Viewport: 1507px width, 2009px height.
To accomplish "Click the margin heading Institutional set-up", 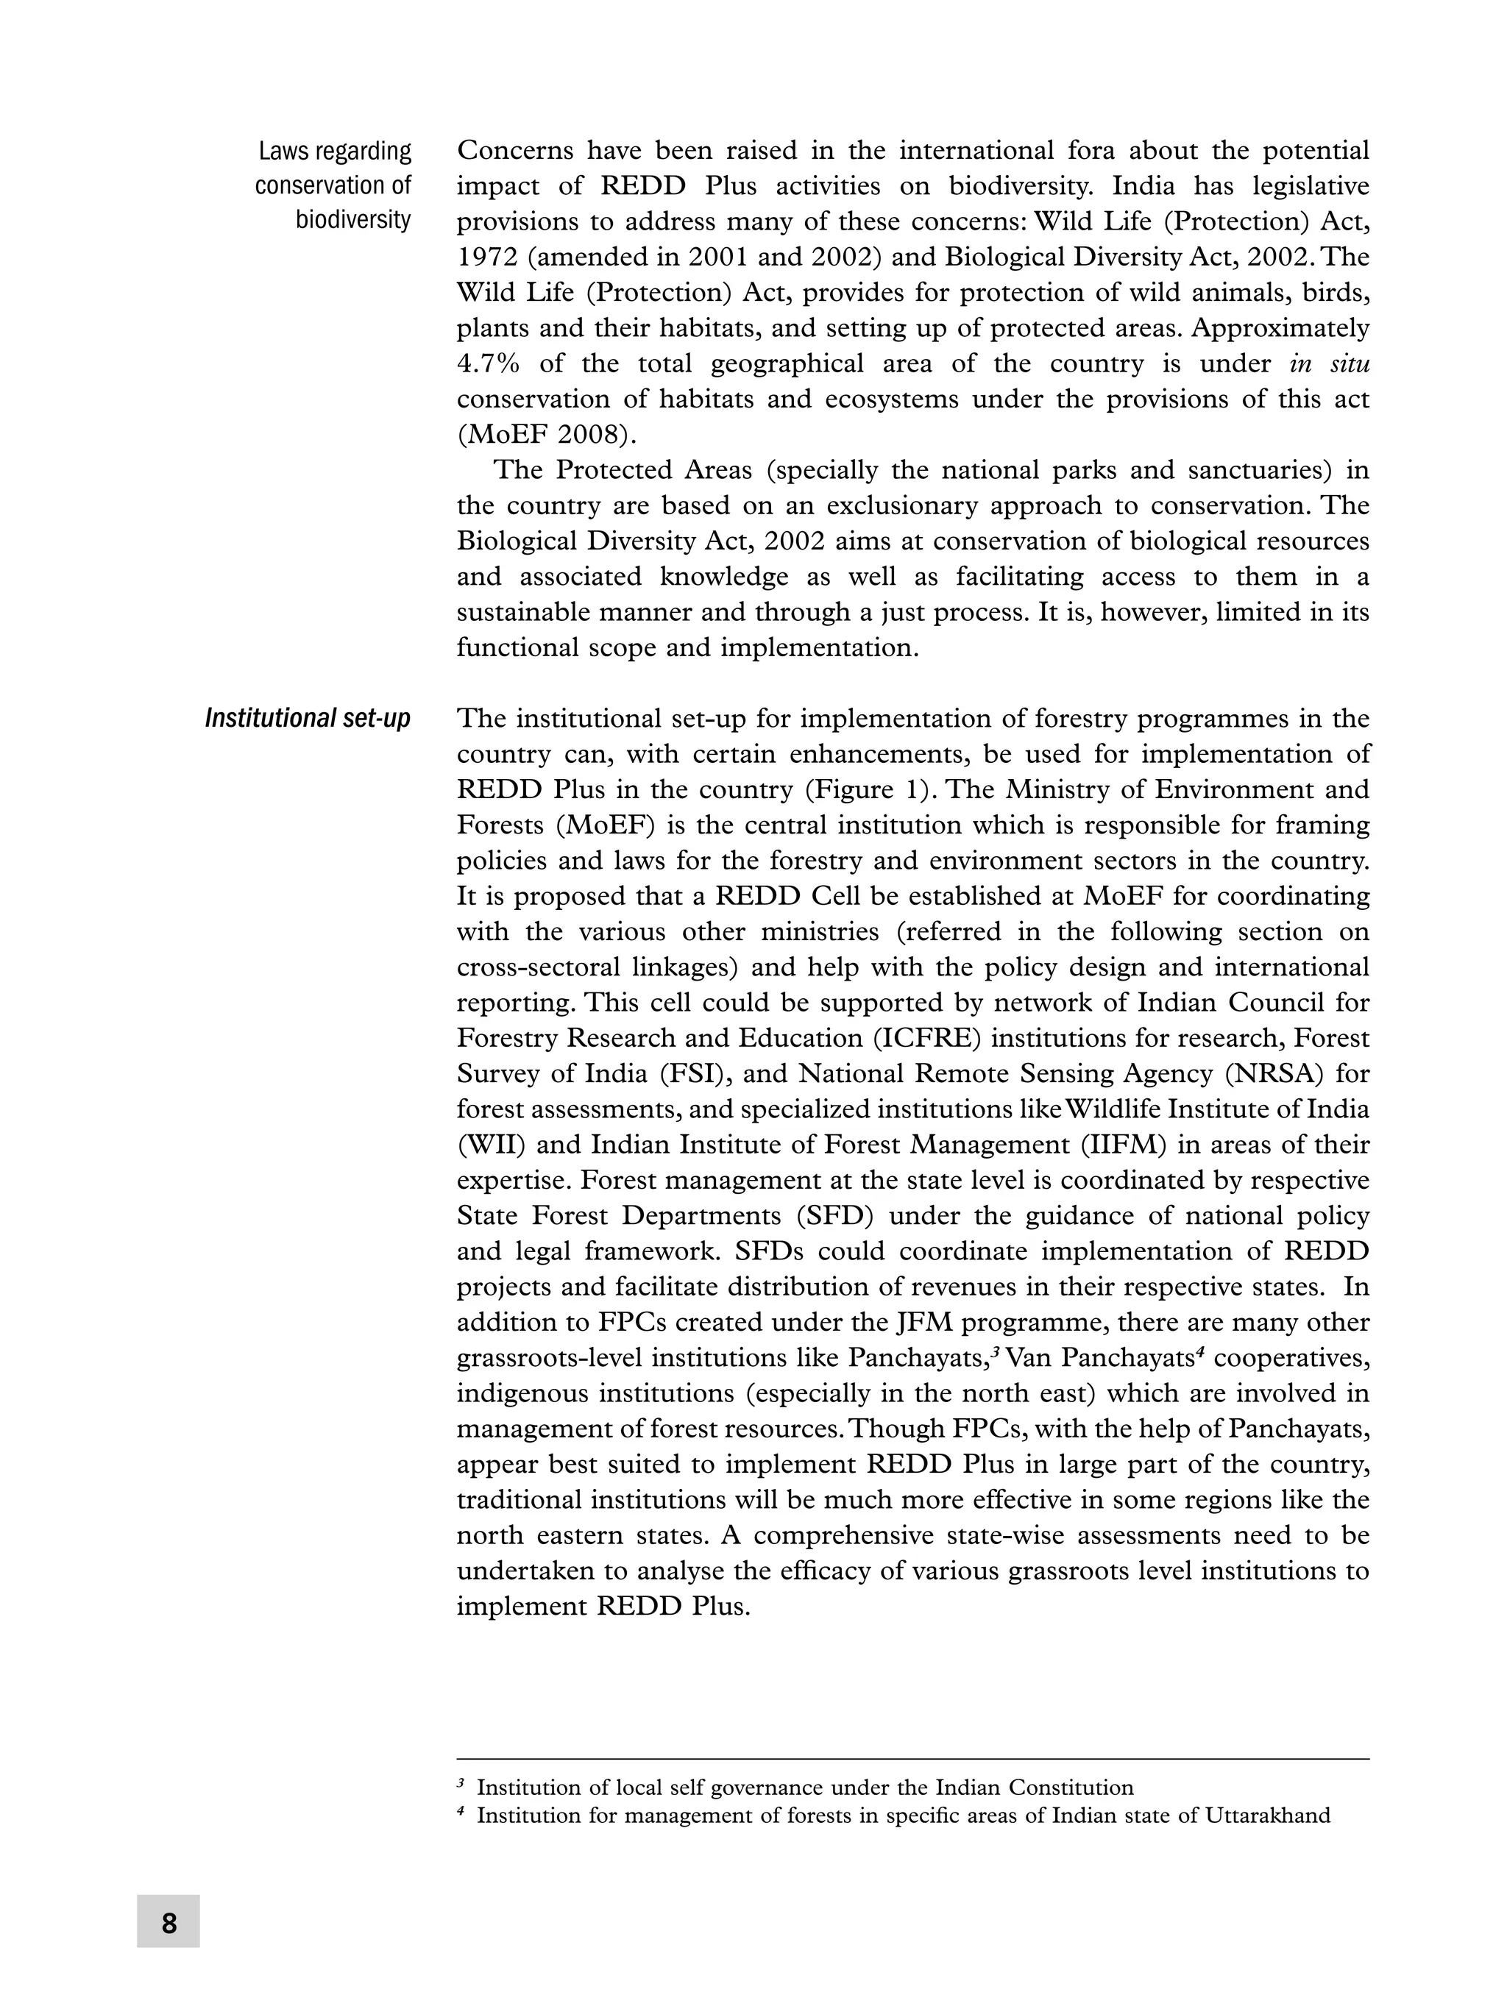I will point(307,719).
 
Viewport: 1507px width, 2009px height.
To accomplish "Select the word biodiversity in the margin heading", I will point(352,220).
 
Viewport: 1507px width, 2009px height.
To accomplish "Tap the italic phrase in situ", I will point(1329,364).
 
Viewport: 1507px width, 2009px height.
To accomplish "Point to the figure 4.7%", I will point(488,364).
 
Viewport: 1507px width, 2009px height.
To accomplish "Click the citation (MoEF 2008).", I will point(544,435).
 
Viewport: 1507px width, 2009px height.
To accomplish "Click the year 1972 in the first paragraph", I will point(487,257).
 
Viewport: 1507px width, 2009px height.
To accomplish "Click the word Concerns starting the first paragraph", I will point(514,151).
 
